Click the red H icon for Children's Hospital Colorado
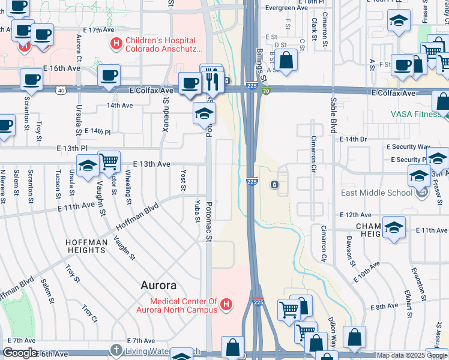point(116,44)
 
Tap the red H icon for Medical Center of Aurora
point(226,305)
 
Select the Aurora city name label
point(158,285)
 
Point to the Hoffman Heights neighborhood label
point(86,246)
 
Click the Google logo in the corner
point(20,353)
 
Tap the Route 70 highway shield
point(265,90)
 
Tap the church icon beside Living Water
point(116,349)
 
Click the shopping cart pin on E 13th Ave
point(109,161)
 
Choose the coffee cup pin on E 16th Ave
point(109,75)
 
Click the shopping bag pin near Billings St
point(287,60)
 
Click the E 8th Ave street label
point(384,306)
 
